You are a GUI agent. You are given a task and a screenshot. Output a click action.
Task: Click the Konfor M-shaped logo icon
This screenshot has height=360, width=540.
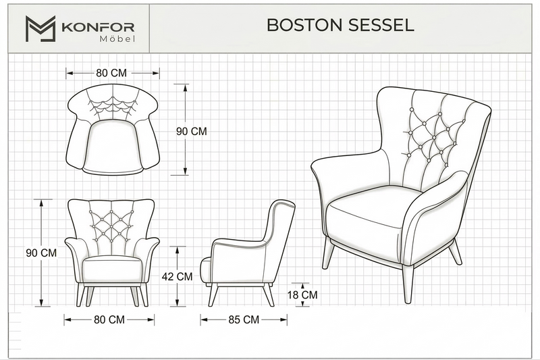point(40,28)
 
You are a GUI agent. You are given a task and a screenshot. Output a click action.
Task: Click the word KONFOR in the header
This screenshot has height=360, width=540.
point(98,27)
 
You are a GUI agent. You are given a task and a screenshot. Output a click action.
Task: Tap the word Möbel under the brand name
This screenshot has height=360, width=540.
point(117,39)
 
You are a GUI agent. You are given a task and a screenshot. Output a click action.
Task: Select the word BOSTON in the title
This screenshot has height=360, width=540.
point(304,25)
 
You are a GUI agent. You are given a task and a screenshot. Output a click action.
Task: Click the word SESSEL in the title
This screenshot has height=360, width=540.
point(381,25)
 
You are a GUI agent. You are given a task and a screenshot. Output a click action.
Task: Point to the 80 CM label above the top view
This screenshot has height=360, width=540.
point(111,73)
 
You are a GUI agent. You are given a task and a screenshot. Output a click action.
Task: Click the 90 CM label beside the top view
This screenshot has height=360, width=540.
point(192,131)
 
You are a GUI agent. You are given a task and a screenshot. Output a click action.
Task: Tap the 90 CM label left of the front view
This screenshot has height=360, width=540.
point(41,253)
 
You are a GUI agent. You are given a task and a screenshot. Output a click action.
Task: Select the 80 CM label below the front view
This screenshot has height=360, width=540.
point(109,319)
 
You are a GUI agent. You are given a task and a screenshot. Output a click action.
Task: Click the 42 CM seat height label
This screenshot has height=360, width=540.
point(177,276)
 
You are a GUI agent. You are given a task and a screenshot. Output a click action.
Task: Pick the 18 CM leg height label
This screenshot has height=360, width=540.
point(302,295)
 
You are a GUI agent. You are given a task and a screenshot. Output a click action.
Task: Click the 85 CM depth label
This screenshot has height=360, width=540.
point(244,319)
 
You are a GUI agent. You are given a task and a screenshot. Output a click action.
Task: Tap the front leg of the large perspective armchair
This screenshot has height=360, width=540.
point(408,284)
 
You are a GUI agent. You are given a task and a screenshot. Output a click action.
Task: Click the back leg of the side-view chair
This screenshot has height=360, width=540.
point(267,295)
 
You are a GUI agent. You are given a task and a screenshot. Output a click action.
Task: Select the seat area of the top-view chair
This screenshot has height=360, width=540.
point(113,145)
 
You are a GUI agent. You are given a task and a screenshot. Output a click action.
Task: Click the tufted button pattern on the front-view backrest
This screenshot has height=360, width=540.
point(111,225)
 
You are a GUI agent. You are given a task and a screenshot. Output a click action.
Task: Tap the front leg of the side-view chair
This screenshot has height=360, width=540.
point(213,295)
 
